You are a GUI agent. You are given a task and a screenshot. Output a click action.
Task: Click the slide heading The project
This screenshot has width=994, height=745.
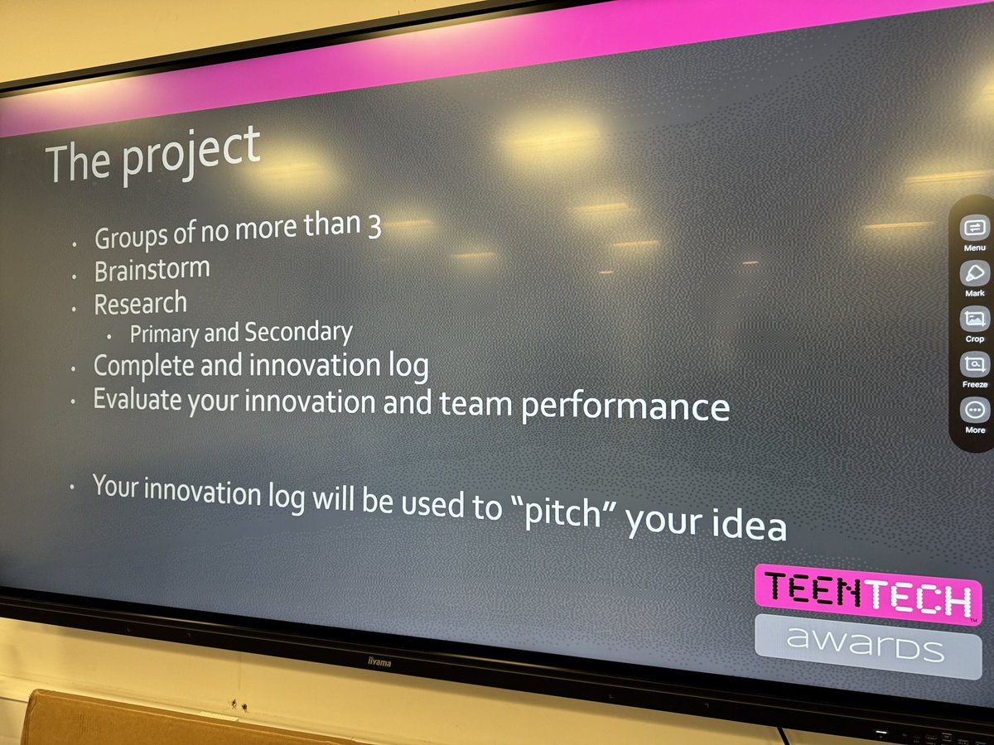point(153,154)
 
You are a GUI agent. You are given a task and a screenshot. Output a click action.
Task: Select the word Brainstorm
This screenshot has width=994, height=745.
point(152,270)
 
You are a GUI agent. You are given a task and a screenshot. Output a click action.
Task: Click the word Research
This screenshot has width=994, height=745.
point(140,304)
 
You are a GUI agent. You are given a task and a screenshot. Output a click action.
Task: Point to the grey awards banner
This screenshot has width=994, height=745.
point(866,646)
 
